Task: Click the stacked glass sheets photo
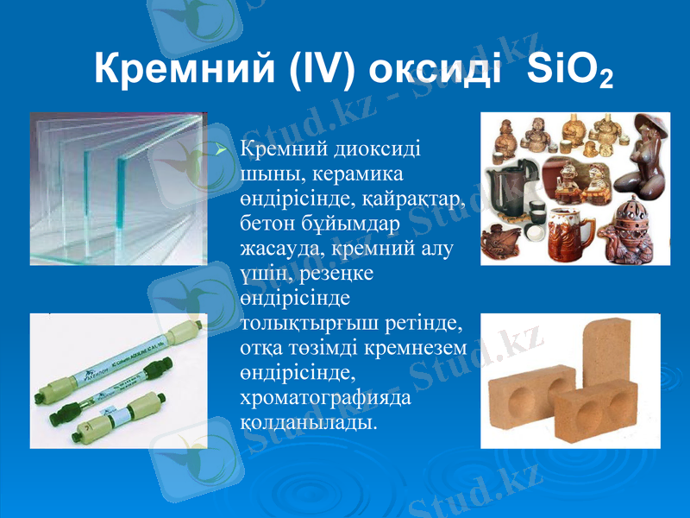coord(118,188)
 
